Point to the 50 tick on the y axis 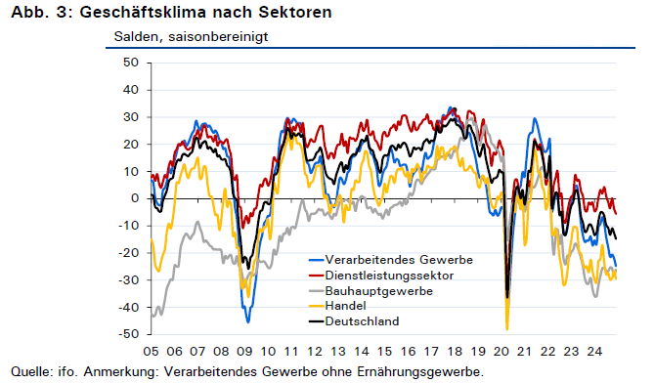131,63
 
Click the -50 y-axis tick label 128,334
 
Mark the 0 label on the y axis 134,198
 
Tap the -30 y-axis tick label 128,280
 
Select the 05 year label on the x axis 151,352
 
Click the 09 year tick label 244,352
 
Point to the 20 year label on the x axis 501,352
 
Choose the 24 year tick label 594,352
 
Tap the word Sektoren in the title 295,12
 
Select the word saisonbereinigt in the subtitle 218,37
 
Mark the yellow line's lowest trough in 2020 507,329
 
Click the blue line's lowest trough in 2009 248,322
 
